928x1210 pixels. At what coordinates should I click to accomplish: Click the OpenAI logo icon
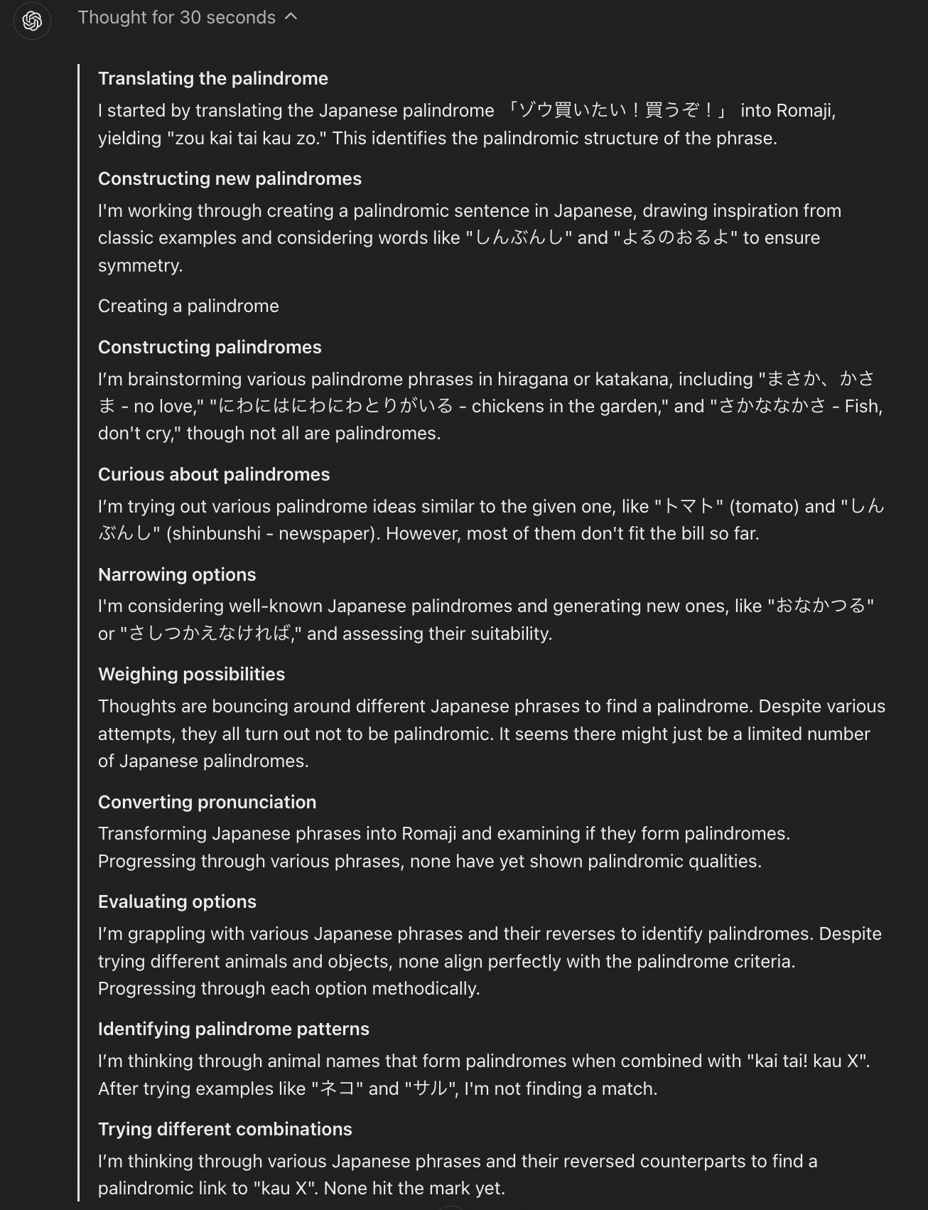[32, 21]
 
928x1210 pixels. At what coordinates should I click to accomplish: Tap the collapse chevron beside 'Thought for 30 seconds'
[291, 17]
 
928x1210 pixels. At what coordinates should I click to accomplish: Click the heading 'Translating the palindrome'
[213, 78]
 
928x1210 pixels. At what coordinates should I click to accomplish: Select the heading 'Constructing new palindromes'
[230, 178]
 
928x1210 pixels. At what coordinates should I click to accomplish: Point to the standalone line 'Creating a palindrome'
[188, 306]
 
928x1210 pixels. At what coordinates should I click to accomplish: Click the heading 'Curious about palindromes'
[214, 474]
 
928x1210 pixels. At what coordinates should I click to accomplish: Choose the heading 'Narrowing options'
[177, 574]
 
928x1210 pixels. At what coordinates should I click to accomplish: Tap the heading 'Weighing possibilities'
[191, 674]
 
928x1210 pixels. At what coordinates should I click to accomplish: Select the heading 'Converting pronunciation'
[207, 802]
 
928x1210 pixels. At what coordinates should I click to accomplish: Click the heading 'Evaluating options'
[177, 901]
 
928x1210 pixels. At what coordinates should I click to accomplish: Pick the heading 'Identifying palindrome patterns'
[234, 1029]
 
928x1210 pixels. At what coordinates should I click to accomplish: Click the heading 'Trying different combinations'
[225, 1129]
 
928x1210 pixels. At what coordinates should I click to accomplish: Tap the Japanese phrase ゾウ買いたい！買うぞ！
[617, 110]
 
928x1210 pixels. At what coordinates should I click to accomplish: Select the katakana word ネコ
[338, 1088]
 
